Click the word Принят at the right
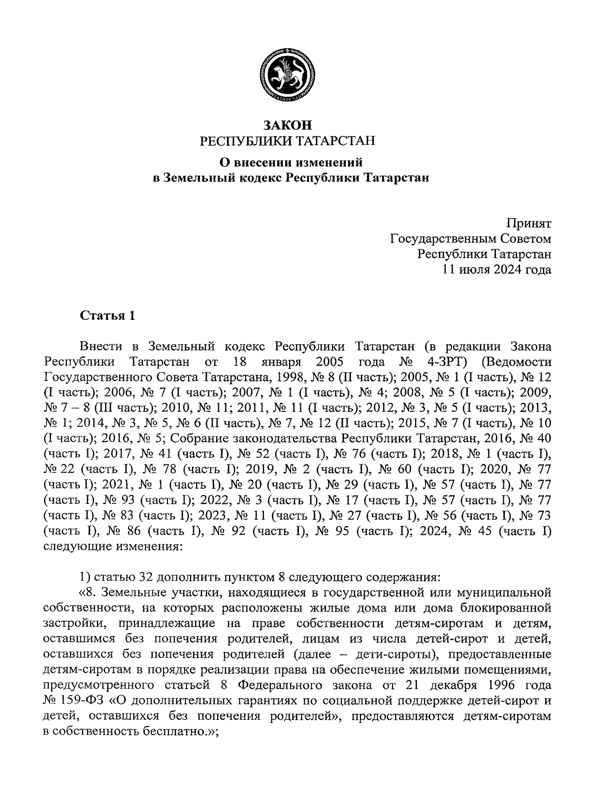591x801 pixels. tap(530, 224)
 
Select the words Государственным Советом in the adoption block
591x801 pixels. tap(470, 239)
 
